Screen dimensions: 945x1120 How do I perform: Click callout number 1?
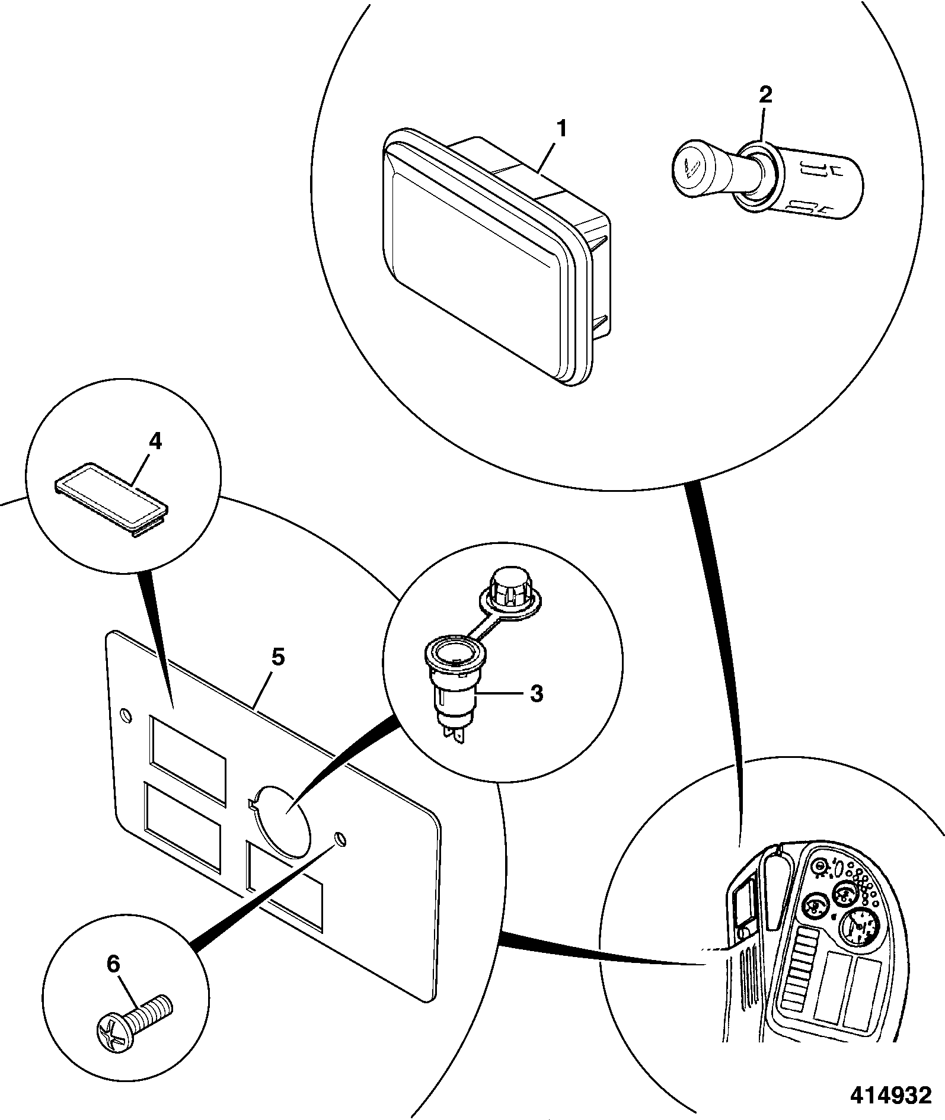[560, 129]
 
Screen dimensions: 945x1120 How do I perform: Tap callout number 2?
[765, 95]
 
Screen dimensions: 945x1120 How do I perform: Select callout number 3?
[536, 694]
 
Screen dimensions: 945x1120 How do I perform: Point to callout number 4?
[155, 443]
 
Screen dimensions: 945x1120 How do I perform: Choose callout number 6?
[113, 966]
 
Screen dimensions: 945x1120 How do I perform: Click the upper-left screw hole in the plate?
[125, 716]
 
